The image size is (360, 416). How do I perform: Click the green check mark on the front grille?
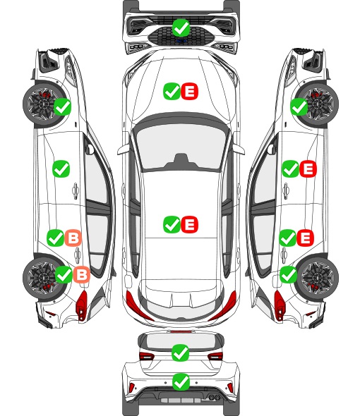[x=181, y=27]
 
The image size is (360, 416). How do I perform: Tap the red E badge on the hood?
[x=189, y=91]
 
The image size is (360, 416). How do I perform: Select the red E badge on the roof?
[x=189, y=224]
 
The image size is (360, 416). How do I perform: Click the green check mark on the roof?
[x=172, y=224]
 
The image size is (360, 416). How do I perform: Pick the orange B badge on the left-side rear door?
[x=73, y=238]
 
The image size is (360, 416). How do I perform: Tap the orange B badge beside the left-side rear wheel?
[x=82, y=274]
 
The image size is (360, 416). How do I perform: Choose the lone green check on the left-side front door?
[x=61, y=169]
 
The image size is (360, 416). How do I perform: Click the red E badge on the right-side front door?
[x=308, y=169]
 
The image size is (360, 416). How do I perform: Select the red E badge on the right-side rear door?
[x=305, y=238]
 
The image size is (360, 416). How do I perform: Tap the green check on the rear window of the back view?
[x=181, y=353]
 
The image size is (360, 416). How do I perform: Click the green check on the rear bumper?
[x=181, y=382]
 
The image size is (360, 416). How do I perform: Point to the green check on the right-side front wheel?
[x=299, y=107]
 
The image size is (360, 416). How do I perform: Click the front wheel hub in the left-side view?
[x=42, y=104]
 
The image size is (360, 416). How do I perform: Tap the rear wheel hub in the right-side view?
[x=318, y=276]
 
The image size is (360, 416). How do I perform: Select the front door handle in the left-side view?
[x=76, y=190]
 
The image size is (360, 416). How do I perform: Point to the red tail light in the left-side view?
[x=82, y=305]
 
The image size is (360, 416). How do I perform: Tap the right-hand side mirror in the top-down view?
[x=239, y=149]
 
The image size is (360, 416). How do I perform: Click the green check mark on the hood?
[x=172, y=91]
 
